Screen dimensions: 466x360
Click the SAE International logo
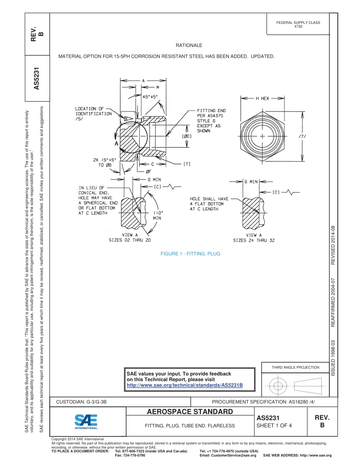tap(86, 421)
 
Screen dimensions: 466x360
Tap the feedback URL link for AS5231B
tap(184, 385)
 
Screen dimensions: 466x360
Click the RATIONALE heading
tap(189, 45)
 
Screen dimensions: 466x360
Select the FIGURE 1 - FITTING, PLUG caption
tap(190, 254)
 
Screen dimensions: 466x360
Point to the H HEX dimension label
tap(262, 99)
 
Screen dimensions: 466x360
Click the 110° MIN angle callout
tap(157, 216)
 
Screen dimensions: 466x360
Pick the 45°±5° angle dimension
tap(150, 97)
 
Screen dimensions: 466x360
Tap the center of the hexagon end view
tap(262, 136)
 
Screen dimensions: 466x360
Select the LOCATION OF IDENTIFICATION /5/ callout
tap(93, 114)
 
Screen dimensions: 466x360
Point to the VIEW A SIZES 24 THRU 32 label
tap(254, 238)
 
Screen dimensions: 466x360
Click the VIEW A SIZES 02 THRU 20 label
tap(130, 238)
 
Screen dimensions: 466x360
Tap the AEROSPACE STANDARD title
tap(189, 412)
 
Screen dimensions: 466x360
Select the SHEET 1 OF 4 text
tap(274, 425)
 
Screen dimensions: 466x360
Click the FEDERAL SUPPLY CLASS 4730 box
tap(298, 25)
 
